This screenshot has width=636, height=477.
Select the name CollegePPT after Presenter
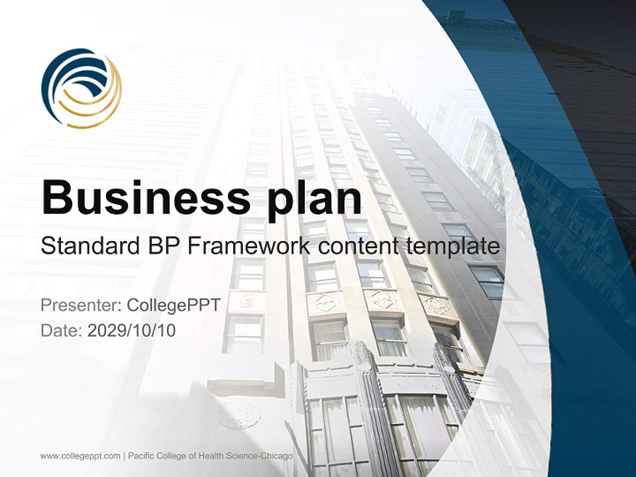coord(173,305)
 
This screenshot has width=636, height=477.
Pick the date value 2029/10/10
coord(131,330)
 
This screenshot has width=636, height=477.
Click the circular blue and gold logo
coord(81,88)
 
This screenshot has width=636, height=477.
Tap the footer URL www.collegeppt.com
coord(80,456)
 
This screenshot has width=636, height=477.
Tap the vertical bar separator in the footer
coord(124,456)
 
